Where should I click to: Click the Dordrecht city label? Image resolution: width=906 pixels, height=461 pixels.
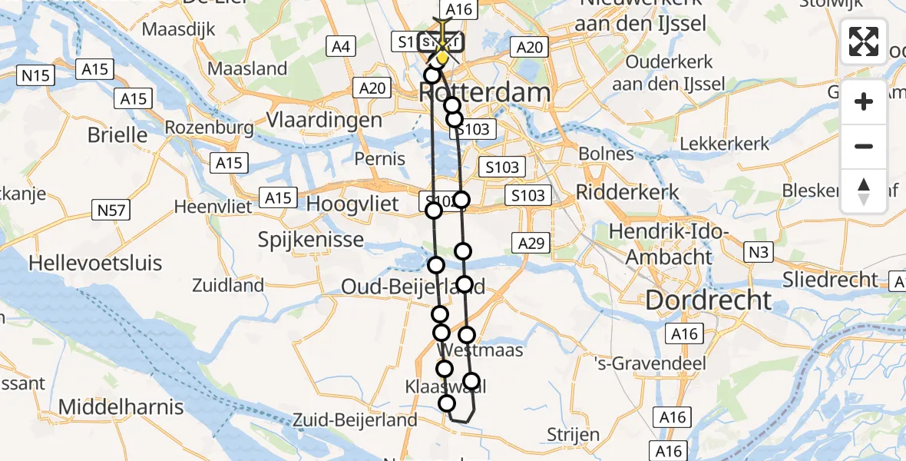(709, 300)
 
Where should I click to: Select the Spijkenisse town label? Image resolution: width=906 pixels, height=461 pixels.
(311, 240)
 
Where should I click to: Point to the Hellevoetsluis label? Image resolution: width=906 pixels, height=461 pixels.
(95, 263)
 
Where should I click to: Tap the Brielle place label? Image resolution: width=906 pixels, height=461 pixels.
(117, 135)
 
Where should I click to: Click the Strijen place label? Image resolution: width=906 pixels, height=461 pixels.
(574, 435)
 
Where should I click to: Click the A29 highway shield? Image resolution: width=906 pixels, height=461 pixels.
(531, 244)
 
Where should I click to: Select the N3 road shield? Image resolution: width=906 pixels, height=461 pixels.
(761, 250)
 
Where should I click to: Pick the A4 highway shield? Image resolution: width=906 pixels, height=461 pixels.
(341, 48)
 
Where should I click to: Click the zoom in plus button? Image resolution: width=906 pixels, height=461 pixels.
(864, 101)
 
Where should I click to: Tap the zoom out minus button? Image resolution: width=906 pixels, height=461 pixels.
(864, 146)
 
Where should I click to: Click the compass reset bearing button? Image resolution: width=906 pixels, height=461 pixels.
(864, 191)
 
